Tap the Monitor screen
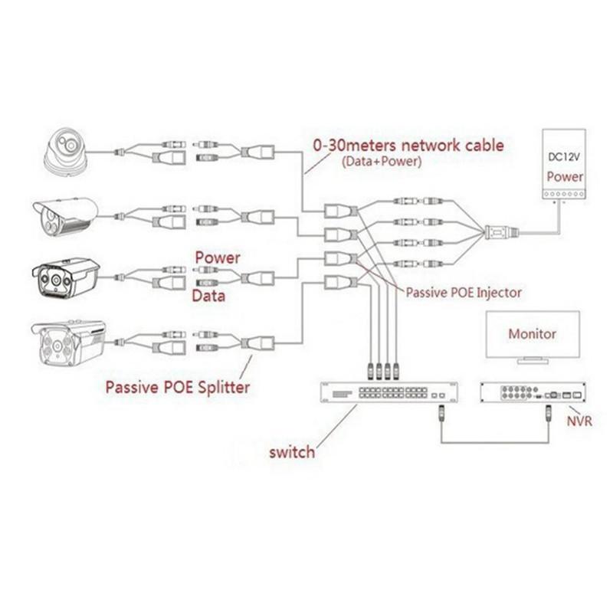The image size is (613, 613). [533, 335]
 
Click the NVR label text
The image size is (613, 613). [579, 421]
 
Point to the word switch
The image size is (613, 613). [291, 451]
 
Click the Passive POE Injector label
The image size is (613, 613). [464, 292]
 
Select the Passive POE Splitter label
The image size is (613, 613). [177, 387]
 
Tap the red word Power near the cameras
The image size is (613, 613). [218, 257]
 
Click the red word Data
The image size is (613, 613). [208, 296]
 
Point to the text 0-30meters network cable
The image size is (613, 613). [408, 145]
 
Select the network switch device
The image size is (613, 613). [388, 392]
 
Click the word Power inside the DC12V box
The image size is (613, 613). [565, 176]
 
